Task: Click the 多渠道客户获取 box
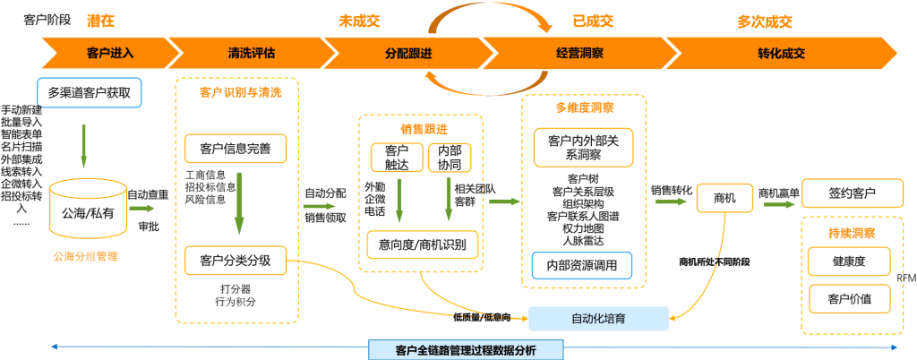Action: tap(89, 92)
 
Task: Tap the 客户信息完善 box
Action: tap(236, 148)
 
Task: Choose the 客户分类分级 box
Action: tap(236, 261)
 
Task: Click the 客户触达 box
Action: tap(397, 157)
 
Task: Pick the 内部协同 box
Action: tap(449, 157)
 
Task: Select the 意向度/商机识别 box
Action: tap(423, 244)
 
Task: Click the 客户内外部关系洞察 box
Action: tap(583, 147)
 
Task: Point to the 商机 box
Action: tap(724, 198)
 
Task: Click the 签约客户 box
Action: tap(852, 193)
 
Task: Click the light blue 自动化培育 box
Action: tap(598, 318)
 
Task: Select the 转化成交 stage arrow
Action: tap(781, 53)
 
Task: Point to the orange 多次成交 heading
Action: tap(764, 21)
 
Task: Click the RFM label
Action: tap(905, 278)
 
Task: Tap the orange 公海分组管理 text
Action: tap(86, 257)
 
